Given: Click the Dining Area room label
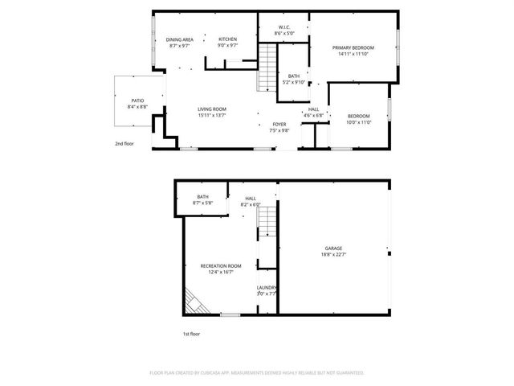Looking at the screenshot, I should [180, 39].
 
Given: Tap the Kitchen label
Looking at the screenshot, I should [227, 39].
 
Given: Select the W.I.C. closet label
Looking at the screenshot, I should [284, 27].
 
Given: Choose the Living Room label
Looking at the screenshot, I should [212, 109].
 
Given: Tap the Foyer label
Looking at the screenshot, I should [279, 124].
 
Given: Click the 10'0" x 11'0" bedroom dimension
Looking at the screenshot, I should [359, 122].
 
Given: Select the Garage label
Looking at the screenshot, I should [333, 248].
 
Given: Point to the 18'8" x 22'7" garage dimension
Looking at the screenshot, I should [333, 255].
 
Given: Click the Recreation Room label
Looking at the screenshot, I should [221, 265].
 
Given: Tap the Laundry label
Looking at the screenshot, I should [267, 287].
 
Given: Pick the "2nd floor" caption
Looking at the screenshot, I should [124, 144].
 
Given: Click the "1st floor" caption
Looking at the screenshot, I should [190, 333].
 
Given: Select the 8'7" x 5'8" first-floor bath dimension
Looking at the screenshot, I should [203, 203].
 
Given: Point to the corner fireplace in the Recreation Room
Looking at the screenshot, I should [192, 303].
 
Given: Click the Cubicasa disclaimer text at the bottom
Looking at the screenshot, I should [257, 373].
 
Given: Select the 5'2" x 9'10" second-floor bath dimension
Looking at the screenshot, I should [294, 82].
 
